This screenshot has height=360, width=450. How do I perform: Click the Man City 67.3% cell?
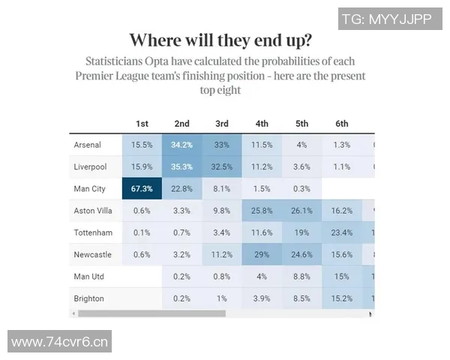point(142,188)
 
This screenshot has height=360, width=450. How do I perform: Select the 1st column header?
point(142,124)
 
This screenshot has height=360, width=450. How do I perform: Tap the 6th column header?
point(342,124)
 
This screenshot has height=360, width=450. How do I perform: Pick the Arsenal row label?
point(88,145)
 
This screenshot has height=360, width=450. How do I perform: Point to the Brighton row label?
point(88,298)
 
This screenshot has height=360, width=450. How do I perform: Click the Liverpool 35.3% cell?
point(181,166)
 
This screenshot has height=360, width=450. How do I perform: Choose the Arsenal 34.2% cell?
point(181,145)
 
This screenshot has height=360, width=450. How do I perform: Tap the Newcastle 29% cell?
point(262,254)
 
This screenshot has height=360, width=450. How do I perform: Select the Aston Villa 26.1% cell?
point(302,211)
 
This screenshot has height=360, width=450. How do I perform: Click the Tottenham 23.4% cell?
point(342,232)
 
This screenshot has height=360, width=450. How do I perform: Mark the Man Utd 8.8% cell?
point(302,277)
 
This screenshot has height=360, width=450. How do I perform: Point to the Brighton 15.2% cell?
point(342,298)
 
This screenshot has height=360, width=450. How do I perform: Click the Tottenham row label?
point(93,232)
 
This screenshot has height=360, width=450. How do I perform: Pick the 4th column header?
point(262,124)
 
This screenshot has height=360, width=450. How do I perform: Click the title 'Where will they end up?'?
point(221,40)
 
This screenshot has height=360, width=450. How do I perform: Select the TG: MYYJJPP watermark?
point(387,20)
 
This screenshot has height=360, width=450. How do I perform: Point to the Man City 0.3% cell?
point(302,188)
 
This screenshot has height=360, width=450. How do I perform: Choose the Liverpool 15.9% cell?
point(142,166)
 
